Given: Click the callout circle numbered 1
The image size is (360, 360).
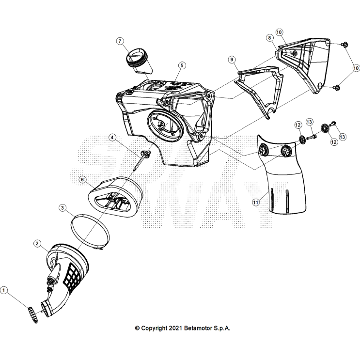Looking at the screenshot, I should tap(4, 290).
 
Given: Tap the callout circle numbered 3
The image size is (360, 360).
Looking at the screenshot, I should tap(63, 208).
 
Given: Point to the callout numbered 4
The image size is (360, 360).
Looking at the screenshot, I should tap(112, 138).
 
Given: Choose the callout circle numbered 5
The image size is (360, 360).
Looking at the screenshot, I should tap(181, 65).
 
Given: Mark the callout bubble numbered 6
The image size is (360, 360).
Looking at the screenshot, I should tap(83, 180).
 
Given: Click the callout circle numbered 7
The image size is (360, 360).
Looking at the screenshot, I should tap(120, 41).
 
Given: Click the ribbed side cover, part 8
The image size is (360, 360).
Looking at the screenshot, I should tap(305, 63).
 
